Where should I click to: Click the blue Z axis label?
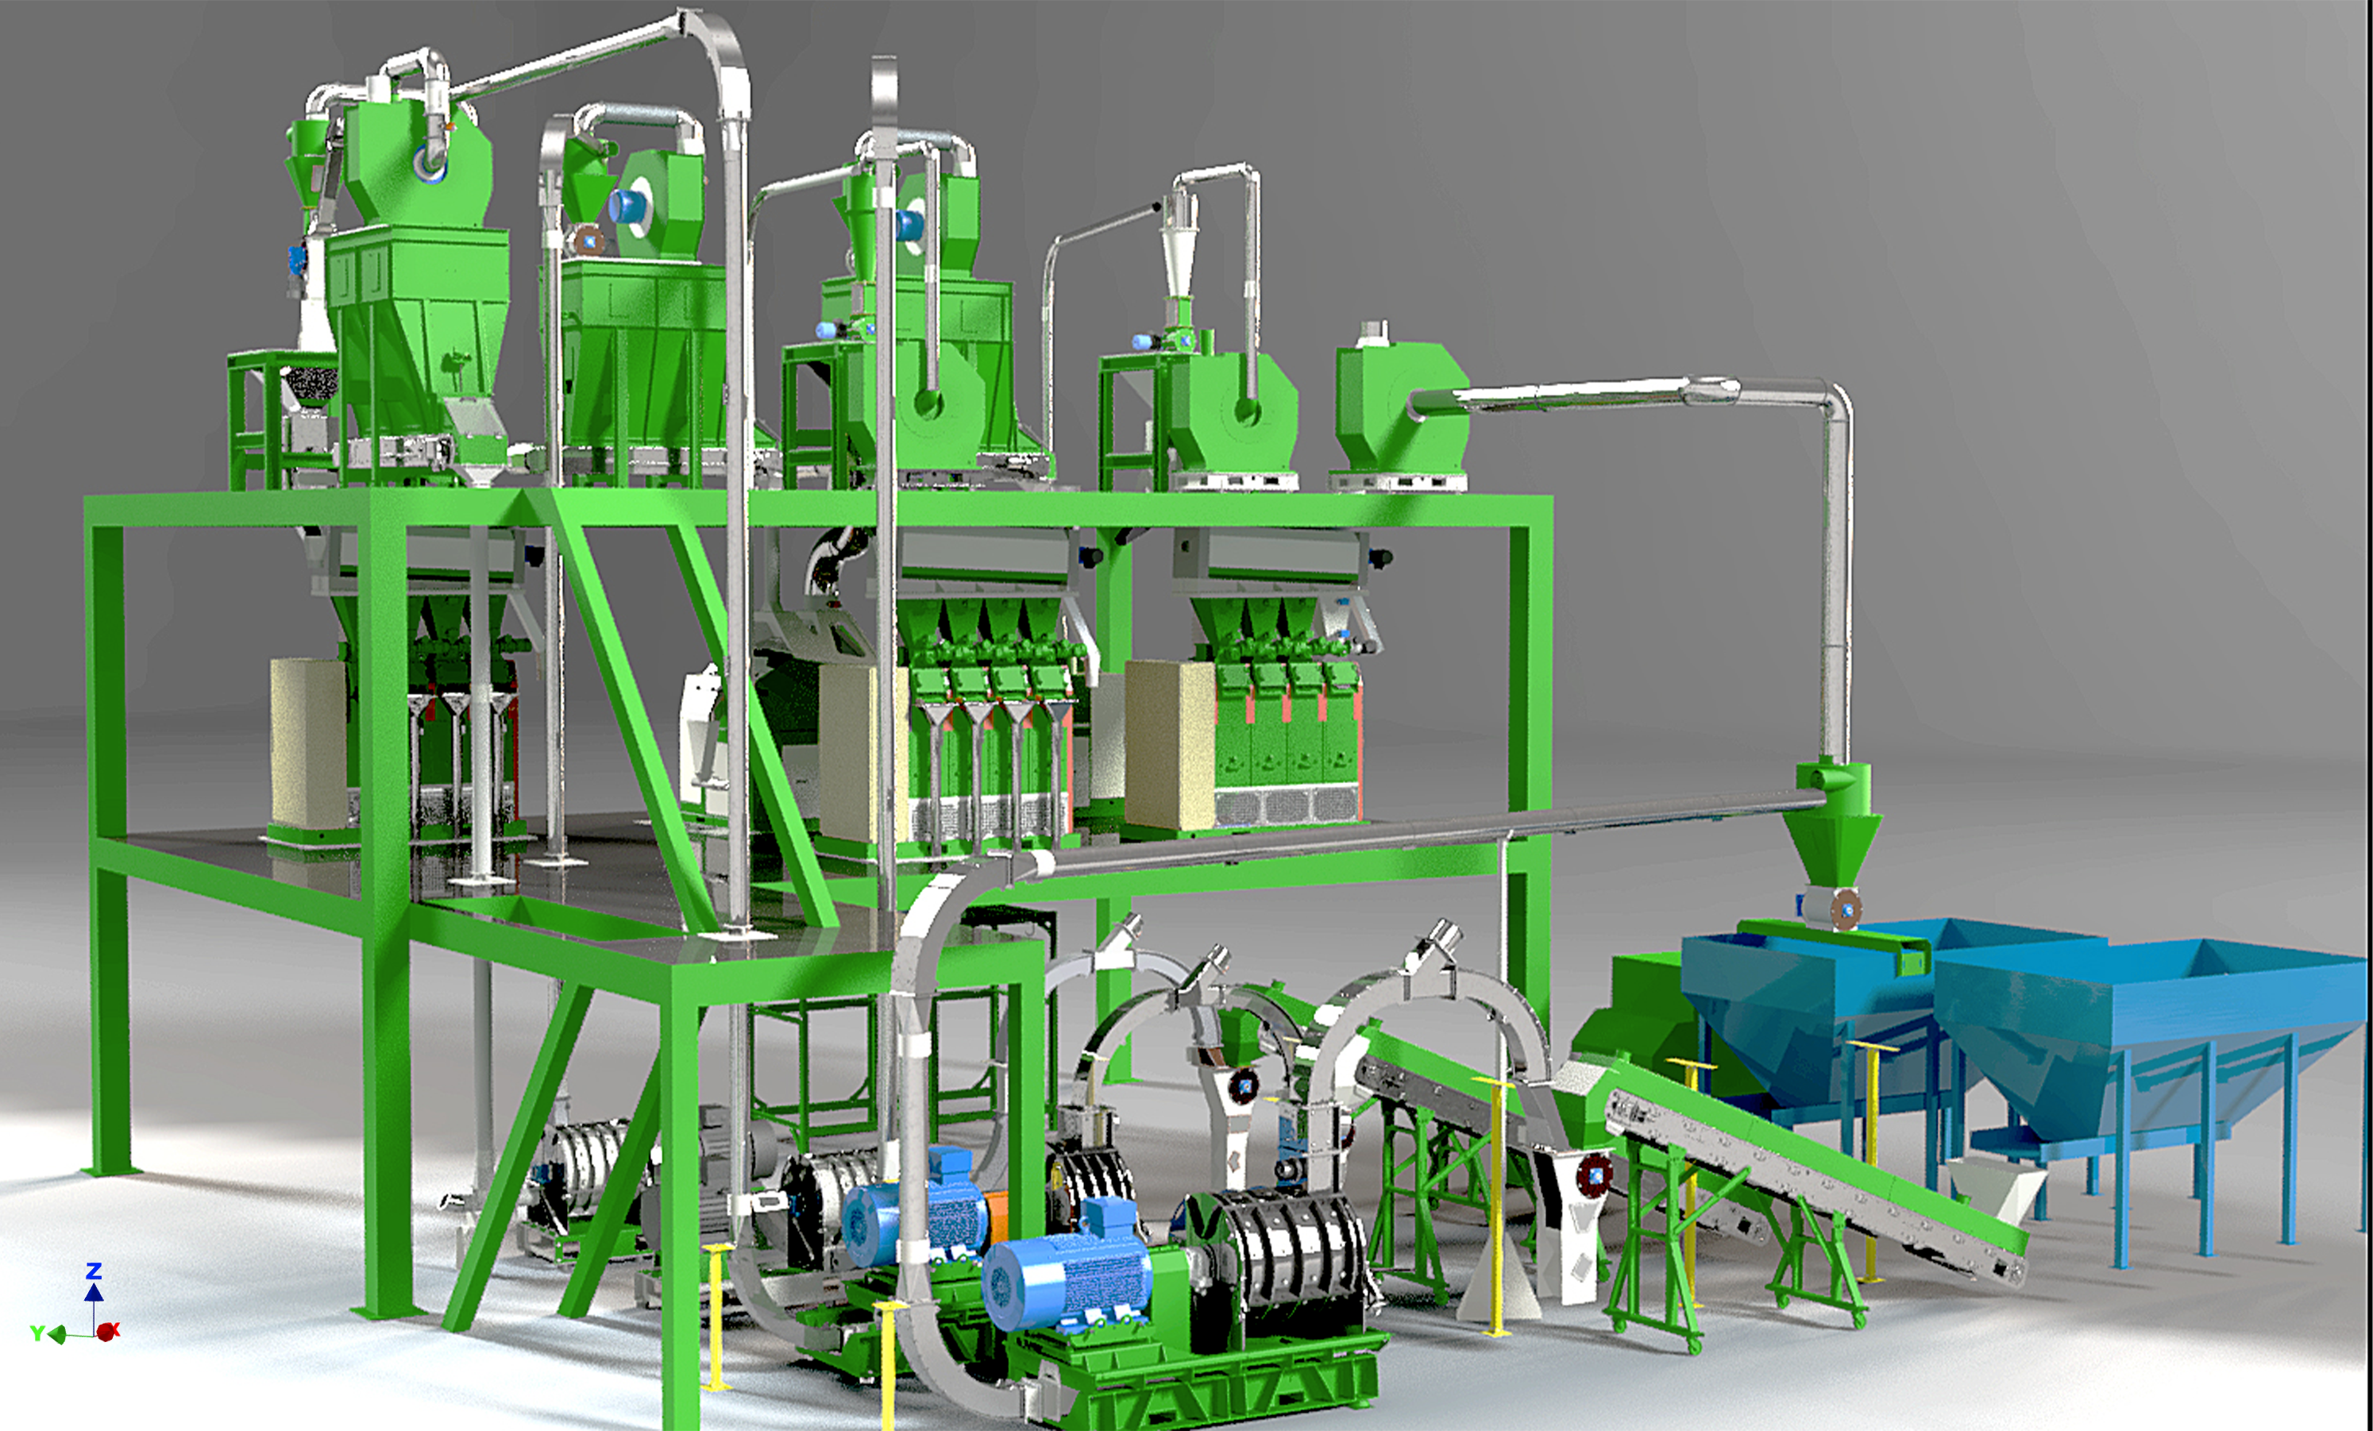(x=94, y=1271)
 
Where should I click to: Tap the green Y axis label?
(x=37, y=1333)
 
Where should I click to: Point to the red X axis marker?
(x=108, y=1331)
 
